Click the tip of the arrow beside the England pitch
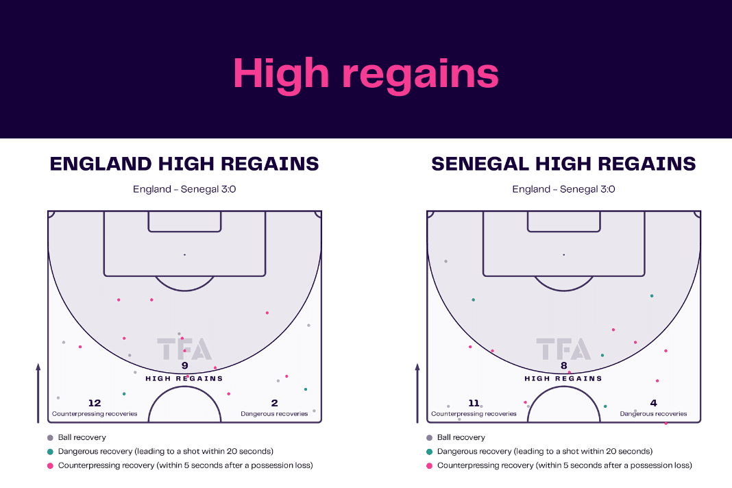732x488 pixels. click(x=38, y=363)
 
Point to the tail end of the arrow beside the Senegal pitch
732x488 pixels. click(x=417, y=423)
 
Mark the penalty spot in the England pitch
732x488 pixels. click(x=185, y=254)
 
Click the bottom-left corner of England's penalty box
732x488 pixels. click(x=104, y=276)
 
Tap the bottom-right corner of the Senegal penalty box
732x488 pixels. click(x=645, y=276)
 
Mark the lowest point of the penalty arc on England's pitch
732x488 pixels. click(x=185, y=291)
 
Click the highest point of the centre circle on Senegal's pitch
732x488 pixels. click(x=564, y=386)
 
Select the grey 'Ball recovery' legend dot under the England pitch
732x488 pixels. click(x=50, y=437)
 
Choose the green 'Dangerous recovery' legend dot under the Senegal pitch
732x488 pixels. click(x=430, y=452)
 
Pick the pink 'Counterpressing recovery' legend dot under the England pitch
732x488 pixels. click(x=50, y=465)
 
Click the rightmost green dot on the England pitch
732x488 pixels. click(x=306, y=389)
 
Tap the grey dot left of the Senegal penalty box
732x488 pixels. click(x=446, y=262)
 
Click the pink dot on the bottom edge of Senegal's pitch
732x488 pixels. click(x=666, y=423)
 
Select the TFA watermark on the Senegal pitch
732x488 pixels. click(x=564, y=349)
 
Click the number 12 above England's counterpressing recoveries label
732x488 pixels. click(x=95, y=402)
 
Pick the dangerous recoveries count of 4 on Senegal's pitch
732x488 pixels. click(x=654, y=402)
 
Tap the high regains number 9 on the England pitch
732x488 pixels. click(x=185, y=365)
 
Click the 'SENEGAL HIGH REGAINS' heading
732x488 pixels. click(x=563, y=164)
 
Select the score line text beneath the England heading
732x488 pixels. click(x=184, y=189)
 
